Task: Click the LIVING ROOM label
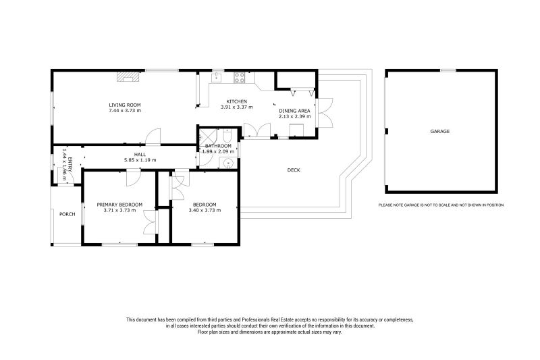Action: pyautogui.click(x=125, y=105)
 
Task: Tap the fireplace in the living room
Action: pyautogui.click(x=126, y=76)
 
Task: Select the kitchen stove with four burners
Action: pyautogui.click(x=239, y=78)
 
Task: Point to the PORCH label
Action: pyautogui.click(x=67, y=215)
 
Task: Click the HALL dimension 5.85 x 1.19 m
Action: pyautogui.click(x=140, y=160)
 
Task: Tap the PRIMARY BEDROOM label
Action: pyautogui.click(x=119, y=205)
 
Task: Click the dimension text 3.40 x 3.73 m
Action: pyautogui.click(x=204, y=210)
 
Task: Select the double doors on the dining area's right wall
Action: pyautogui.click(x=326, y=113)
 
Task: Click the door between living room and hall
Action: pyautogui.click(x=155, y=137)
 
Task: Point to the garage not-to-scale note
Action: pyautogui.click(x=441, y=205)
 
